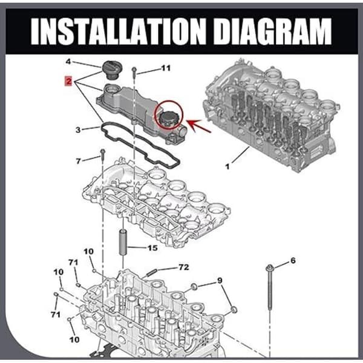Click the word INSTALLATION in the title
coord(118,31)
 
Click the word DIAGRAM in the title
coord(272,31)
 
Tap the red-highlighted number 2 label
coord(69,81)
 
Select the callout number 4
coord(68,62)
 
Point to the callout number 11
coord(166,68)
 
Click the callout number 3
coord(78,130)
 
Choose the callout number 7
coord(79,161)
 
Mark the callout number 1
coord(227,166)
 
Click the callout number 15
coord(153,248)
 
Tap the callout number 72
coord(184,267)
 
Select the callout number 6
coord(293,260)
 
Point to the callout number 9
coord(220,281)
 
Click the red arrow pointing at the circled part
coord(198,126)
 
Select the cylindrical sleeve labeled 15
coord(123,241)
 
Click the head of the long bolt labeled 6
coord(270,268)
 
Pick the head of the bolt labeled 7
coord(103,152)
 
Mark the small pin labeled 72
coord(152,272)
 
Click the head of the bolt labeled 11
coord(134,69)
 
